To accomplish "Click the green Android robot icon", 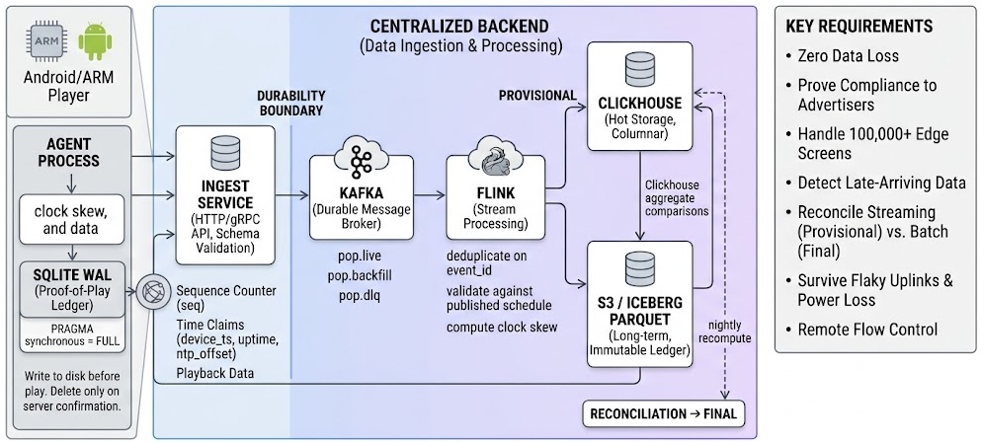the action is pyautogui.click(x=95, y=41).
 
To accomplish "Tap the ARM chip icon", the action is pyautogui.click(x=45, y=41).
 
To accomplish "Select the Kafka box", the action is pyautogui.click(x=361, y=197).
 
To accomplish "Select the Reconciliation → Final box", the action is pyautogui.click(x=663, y=413).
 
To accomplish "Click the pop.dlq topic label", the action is pyautogui.click(x=354, y=294).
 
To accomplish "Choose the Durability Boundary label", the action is pyautogui.click(x=290, y=103).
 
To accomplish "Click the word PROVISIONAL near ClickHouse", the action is pyautogui.click(x=536, y=95).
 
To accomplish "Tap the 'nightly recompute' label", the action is pyautogui.click(x=729, y=332).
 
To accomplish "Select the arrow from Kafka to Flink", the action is pyautogui.click(x=429, y=195).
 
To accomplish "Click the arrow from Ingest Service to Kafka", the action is pyautogui.click(x=292, y=195).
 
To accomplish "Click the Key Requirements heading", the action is pyautogui.click(x=859, y=27).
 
